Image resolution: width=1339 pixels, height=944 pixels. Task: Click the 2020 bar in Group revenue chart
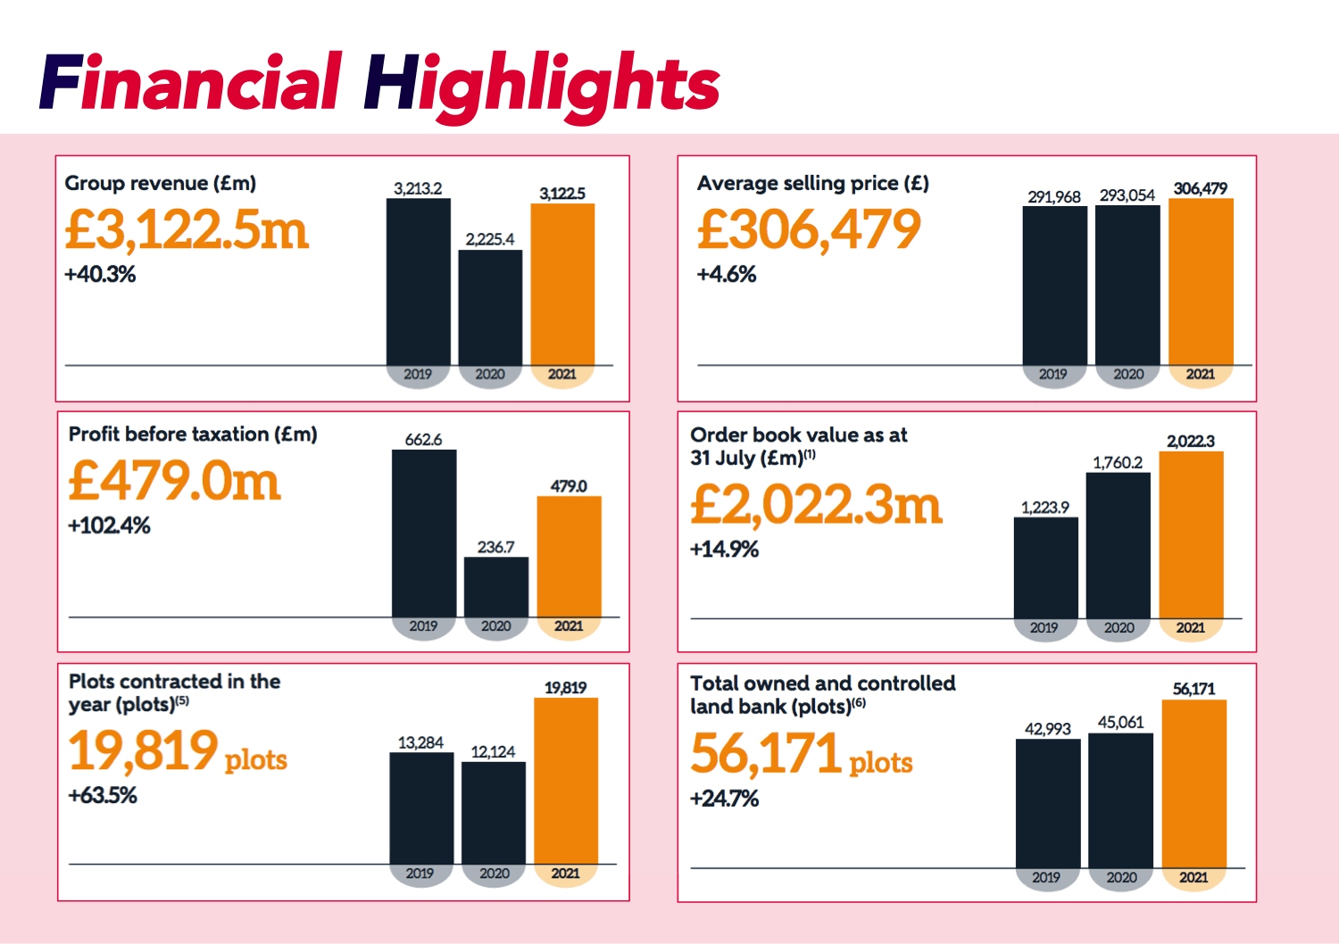click(x=490, y=307)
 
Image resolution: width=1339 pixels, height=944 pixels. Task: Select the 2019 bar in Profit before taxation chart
click(x=424, y=533)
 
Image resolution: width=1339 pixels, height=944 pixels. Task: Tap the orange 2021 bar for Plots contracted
click(x=566, y=781)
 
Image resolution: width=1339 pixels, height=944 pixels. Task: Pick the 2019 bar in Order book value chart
click(x=1045, y=567)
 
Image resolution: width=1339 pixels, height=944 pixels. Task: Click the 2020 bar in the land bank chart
click(x=1120, y=800)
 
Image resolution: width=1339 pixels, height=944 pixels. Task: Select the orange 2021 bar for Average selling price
click(x=1201, y=281)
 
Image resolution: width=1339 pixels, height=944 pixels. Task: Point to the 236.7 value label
click(x=495, y=547)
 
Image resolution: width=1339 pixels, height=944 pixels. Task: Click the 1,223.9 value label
click(x=1044, y=508)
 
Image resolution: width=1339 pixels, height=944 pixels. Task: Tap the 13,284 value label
click(x=420, y=742)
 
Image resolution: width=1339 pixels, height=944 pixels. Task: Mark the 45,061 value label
click(x=1120, y=722)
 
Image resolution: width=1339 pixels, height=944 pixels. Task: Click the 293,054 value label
click(x=1127, y=195)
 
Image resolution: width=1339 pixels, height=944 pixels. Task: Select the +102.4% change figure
click(x=110, y=526)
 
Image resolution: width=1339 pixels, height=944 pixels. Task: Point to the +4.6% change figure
click(x=727, y=274)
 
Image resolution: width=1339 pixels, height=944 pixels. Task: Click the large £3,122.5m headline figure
click(x=187, y=230)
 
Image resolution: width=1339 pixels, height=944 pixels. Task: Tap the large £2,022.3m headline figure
click(x=816, y=505)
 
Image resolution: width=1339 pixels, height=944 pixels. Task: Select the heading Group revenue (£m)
click(x=161, y=183)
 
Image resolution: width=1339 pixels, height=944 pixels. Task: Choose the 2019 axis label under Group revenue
click(x=418, y=374)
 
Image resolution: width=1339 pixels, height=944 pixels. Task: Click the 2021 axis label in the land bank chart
click(x=1193, y=877)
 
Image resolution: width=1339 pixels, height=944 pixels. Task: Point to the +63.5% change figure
click(x=104, y=795)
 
